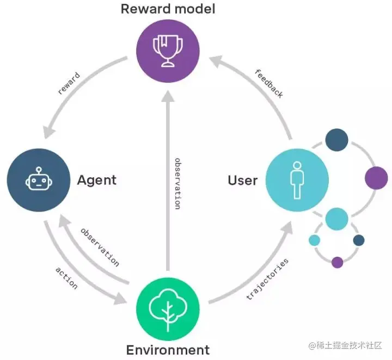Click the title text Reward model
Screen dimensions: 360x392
point(168,9)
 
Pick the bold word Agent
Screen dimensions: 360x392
point(97,180)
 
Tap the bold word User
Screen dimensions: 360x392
point(242,180)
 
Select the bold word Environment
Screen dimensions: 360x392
point(168,350)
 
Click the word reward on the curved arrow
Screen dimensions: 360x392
point(70,83)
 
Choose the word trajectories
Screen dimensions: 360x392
point(267,279)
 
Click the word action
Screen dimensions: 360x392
point(66,278)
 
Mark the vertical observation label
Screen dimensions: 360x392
point(177,183)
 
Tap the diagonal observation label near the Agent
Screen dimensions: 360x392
point(100,247)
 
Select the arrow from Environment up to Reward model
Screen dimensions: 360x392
point(167,179)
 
